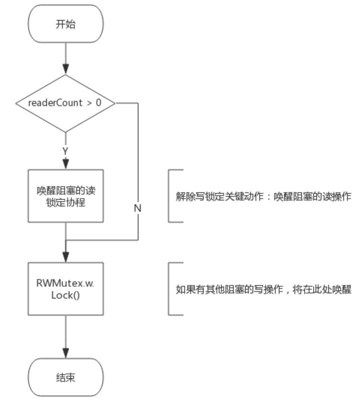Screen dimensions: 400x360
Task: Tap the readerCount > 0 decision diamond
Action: (66, 104)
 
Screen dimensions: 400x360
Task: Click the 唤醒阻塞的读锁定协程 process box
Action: (66, 195)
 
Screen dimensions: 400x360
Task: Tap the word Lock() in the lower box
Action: (66, 295)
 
